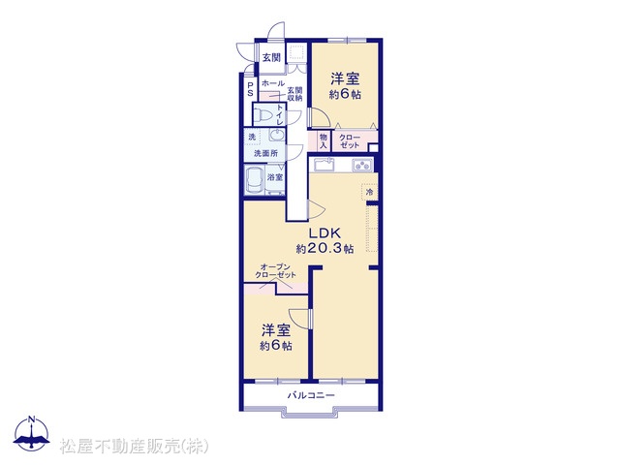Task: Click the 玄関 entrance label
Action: pos(271,58)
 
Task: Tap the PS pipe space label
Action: pos(250,89)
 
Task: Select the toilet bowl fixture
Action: pos(263,115)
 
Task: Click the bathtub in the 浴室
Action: pos(255,180)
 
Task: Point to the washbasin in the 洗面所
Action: pos(277,135)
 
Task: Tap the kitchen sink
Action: pos(324,164)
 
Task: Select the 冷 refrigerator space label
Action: pos(370,193)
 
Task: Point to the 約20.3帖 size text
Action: pos(325,248)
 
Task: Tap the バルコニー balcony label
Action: pos(311,395)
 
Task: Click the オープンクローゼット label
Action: pos(275,271)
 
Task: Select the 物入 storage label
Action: pos(324,141)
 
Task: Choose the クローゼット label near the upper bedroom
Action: pos(350,141)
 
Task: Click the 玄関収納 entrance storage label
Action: pos(294,94)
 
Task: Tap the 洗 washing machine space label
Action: pos(252,137)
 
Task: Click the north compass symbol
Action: pos(31,433)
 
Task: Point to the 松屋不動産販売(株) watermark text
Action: pos(134,447)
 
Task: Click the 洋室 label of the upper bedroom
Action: pos(345,78)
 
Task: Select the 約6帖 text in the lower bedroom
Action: pos(276,345)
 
